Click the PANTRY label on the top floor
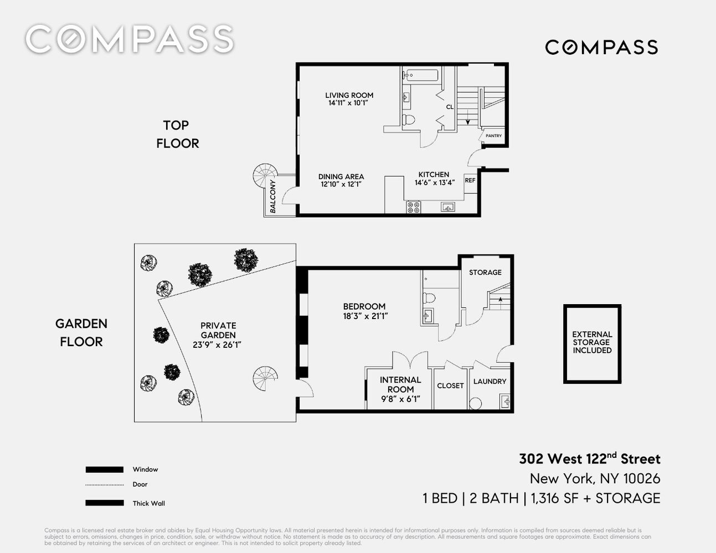coord(493,135)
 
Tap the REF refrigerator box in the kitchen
coord(470,184)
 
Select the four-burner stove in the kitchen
coord(413,207)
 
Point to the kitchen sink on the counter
coord(448,207)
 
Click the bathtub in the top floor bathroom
coord(420,75)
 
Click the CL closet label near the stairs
coord(450,107)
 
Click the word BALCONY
coord(273,196)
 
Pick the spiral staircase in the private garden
coord(265,378)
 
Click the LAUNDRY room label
coord(490,381)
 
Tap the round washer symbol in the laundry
coord(475,403)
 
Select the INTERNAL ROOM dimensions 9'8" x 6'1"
coord(401,399)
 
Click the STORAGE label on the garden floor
coord(485,273)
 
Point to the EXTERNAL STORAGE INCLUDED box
coord(592,344)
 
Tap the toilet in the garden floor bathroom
coord(429,298)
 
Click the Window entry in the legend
coord(145,469)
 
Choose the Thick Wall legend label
coord(148,503)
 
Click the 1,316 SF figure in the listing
coord(554,498)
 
